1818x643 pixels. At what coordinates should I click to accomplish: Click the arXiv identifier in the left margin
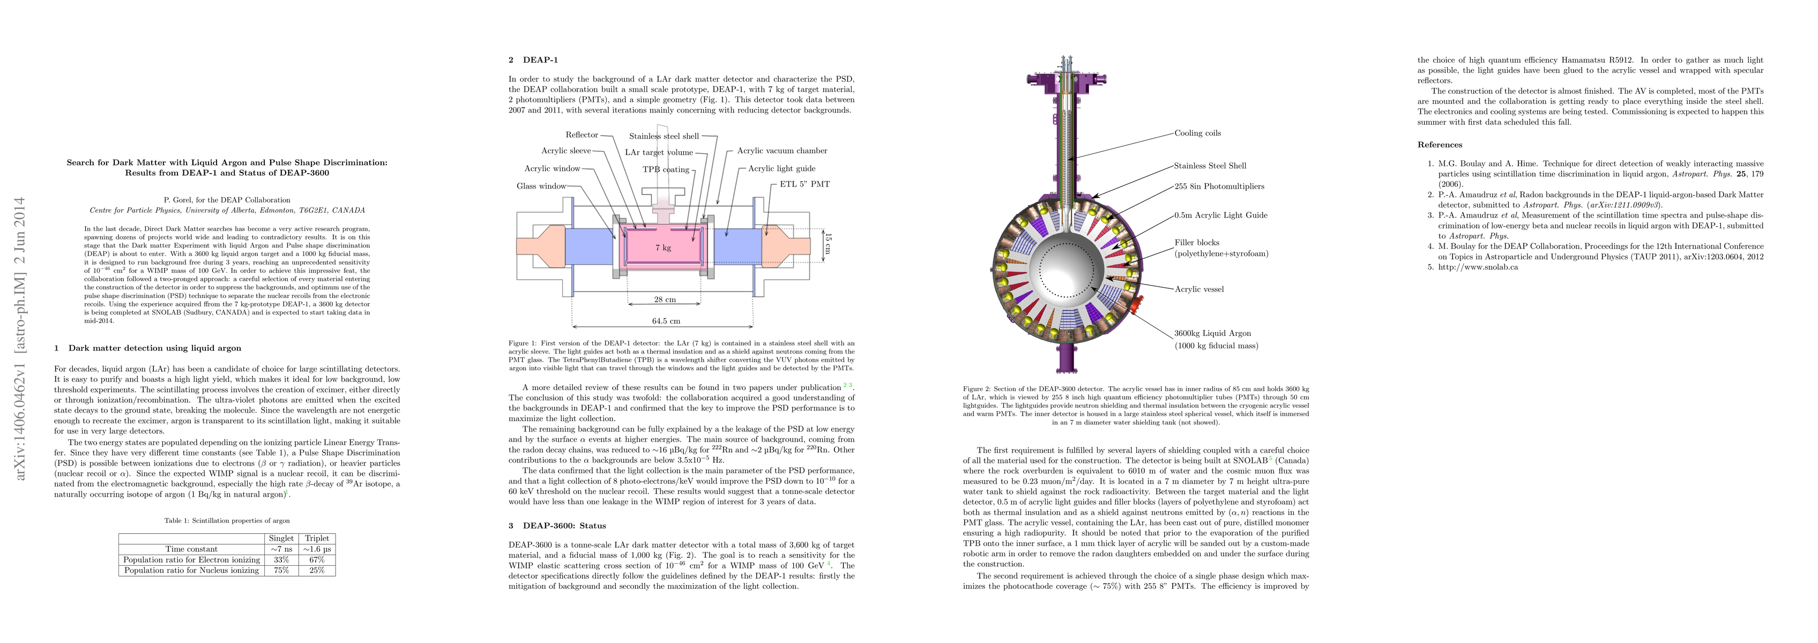(21, 339)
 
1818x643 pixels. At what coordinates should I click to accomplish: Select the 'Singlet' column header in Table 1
(281, 539)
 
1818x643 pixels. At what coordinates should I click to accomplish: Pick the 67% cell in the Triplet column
(316, 560)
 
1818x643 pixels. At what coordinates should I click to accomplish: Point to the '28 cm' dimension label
(664, 300)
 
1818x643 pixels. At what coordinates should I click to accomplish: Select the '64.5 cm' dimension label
(666, 321)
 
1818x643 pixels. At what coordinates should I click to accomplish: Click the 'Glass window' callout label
(541, 186)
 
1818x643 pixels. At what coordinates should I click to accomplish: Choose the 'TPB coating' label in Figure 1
(666, 169)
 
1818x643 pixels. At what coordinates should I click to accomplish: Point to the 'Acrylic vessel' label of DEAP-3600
(1198, 289)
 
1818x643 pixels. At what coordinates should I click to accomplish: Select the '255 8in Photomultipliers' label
(1219, 186)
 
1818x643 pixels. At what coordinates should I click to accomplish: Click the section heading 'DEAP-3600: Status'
(564, 526)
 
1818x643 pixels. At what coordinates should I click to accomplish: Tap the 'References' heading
(1440, 145)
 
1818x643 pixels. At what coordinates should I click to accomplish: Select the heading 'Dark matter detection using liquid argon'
(154, 348)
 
